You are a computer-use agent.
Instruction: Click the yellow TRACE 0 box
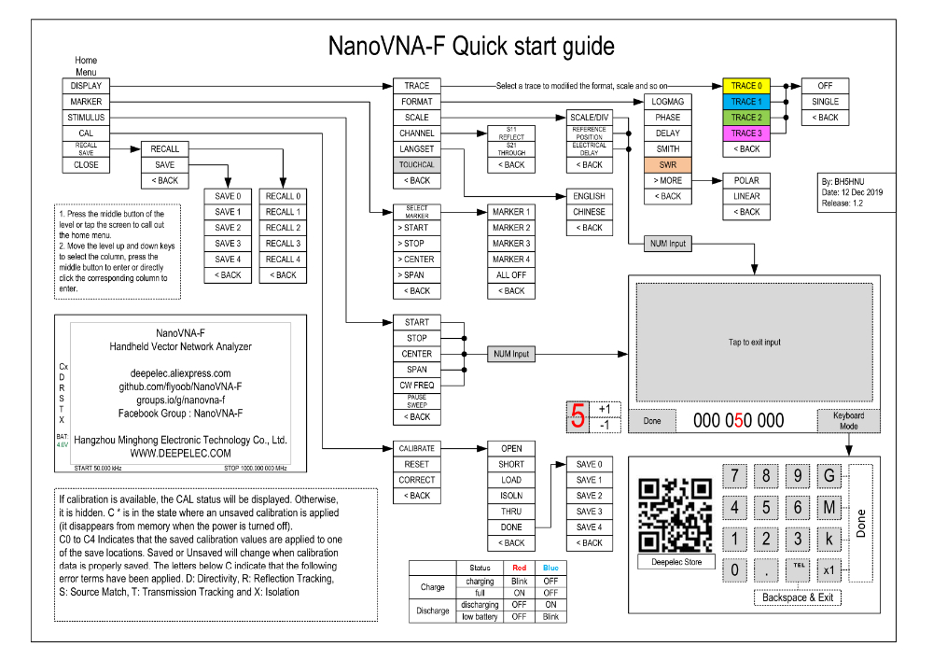(x=745, y=86)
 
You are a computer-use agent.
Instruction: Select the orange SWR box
(x=667, y=165)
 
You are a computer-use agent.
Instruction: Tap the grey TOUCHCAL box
(x=417, y=165)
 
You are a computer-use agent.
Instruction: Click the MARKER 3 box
(x=510, y=244)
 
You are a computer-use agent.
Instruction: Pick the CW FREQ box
(x=417, y=386)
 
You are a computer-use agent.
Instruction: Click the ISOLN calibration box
(x=511, y=496)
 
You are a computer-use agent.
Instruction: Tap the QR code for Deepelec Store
(x=675, y=515)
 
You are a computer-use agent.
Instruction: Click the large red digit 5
(x=578, y=416)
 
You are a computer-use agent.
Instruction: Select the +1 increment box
(x=604, y=409)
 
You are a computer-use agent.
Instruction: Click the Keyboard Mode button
(x=849, y=421)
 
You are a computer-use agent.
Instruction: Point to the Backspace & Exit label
(x=798, y=597)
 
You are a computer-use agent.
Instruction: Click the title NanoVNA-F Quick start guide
(x=470, y=46)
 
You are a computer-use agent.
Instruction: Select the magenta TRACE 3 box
(x=745, y=133)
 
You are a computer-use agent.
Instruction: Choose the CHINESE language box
(x=590, y=212)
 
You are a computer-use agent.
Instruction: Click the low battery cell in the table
(x=480, y=617)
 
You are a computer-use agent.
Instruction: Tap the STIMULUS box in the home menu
(x=86, y=118)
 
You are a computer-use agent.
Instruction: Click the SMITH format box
(x=667, y=149)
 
